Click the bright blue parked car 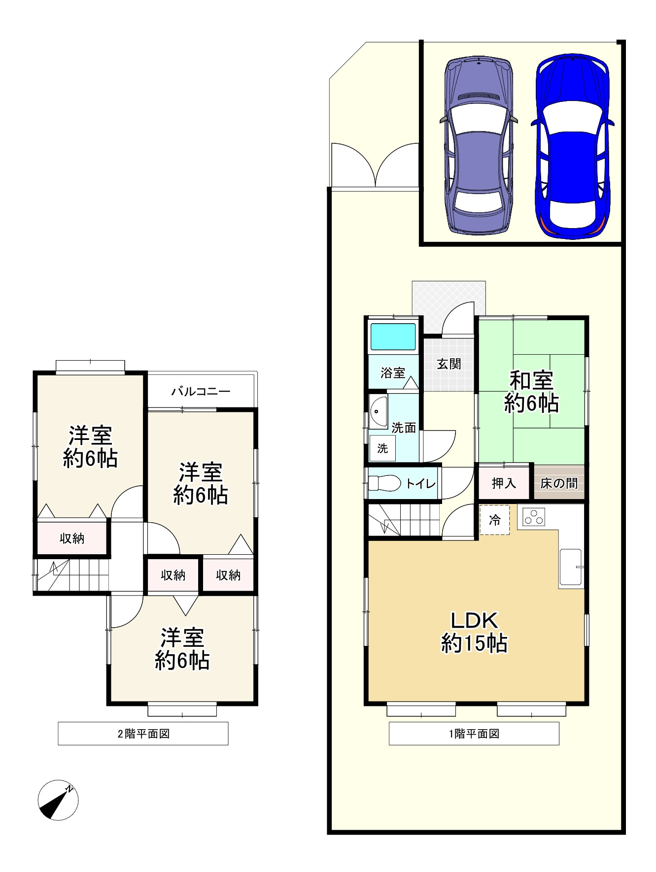(572, 147)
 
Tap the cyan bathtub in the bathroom (393, 336)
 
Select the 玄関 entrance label (449, 364)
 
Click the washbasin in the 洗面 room (379, 411)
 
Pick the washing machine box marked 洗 (382, 448)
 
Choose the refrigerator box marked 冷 (495, 520)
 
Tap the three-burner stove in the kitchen (534, 517)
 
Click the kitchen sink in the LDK (571, 567)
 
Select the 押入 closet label (504, 483)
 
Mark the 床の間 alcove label (559, 483)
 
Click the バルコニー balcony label (201, 392)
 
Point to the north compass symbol (58, 800)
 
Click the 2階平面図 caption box (143, 734)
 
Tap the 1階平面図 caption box (474, 734)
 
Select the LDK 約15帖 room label (474, 632)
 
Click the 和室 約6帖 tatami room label (531, 392)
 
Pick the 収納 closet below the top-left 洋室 (72, 538)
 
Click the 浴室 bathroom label (393, 373)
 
